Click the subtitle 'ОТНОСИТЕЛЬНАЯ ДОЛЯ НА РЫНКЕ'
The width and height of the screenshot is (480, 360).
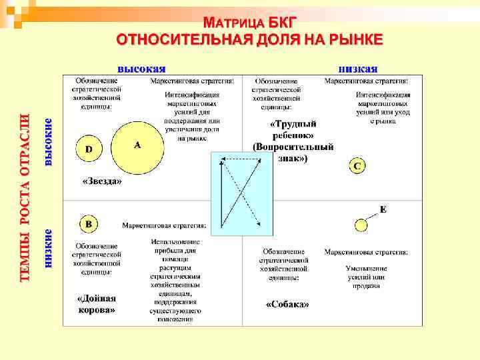(249, 39)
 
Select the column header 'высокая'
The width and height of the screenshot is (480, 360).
(142, 68)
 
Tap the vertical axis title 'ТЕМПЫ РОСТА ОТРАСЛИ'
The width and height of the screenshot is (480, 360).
(25, 197)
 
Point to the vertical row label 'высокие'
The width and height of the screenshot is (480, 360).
(48, 142)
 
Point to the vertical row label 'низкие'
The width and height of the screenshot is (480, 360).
(48, 248)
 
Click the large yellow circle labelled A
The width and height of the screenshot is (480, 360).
(137, 147)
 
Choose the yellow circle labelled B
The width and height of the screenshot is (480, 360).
(89, 223)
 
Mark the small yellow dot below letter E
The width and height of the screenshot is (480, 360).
(361, 225)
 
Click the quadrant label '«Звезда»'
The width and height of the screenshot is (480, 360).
(102, 181)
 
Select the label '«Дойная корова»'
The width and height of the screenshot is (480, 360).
(97, 304)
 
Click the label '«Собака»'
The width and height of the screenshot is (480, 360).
(287, 304)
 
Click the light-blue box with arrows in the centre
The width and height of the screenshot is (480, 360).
(241, 193)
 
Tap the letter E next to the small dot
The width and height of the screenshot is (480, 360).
(383, 209)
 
